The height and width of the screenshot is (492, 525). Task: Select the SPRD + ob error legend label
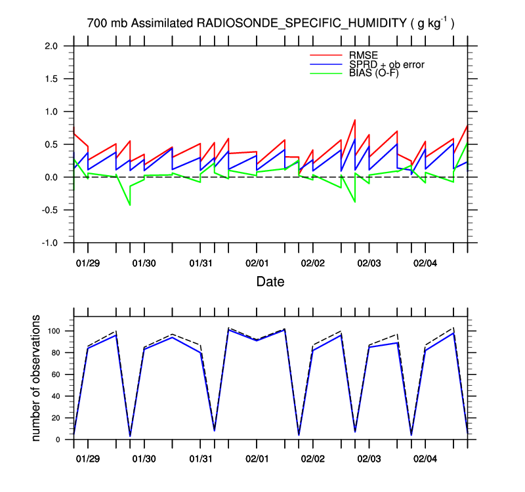[387, 64]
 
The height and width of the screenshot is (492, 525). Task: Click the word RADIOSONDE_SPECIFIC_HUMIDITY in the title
[302, 24]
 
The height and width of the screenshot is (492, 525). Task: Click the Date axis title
[270, 282]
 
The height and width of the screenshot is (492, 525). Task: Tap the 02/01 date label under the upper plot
[256, 263]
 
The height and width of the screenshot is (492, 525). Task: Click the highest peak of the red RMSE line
[355, 120]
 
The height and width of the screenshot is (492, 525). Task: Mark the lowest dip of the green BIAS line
[129, 205]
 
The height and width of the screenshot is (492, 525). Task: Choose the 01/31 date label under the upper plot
[200, 263]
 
